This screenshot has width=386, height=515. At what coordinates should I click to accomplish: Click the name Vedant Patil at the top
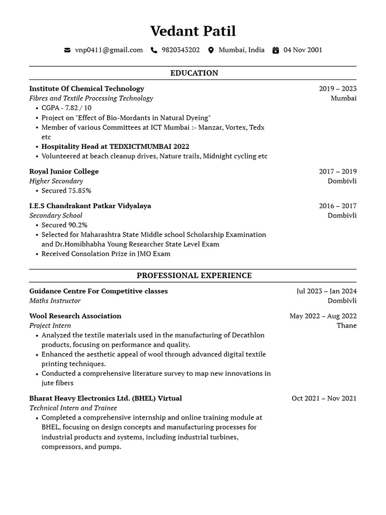point(192,31)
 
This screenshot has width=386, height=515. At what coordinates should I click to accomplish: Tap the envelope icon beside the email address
point(67,50)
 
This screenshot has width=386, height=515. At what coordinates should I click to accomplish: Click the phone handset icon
point(154,50)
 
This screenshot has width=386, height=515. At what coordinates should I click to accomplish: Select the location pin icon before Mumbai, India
point(211,50)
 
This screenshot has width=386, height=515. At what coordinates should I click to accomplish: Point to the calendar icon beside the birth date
point(275,50)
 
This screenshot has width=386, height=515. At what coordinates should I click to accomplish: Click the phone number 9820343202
point(180,50)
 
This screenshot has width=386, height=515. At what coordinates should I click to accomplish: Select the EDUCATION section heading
point(194,73)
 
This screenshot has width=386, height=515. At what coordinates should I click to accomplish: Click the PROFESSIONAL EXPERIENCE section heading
point(194,276)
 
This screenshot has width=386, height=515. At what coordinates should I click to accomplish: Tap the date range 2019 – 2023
point(337,89)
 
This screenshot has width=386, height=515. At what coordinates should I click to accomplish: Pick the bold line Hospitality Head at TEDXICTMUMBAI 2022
point(115,146)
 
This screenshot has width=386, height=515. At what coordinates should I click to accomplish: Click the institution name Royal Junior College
point(64,171)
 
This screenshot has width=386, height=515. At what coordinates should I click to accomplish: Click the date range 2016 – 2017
point(337,206)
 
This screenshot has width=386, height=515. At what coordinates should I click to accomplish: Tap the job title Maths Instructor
point(55,301)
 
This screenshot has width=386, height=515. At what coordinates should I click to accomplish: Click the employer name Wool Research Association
point(75,316)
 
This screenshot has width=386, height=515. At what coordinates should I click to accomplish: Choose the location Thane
point(346,325)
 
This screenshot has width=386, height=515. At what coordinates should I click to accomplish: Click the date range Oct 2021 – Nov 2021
point(324,398)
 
